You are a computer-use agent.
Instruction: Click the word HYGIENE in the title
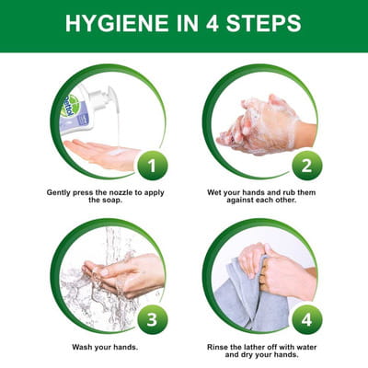click(x=117, y=23)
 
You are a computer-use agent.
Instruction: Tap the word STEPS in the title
click(x=264, y=23)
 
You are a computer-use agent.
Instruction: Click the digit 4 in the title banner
click(x=212, y=23)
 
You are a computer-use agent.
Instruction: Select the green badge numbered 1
click(x=153, y=166)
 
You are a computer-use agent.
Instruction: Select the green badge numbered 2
click(x=307, y=166)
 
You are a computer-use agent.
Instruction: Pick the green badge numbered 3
click(x=153, y=320)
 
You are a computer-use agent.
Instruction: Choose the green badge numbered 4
click(x=307, y=320)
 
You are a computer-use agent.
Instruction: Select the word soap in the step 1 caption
click(x=110, y=201)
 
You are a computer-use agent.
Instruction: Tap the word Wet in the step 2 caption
click(x=214, y=192)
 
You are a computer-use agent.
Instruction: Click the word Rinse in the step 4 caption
click(x=217, y=347)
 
